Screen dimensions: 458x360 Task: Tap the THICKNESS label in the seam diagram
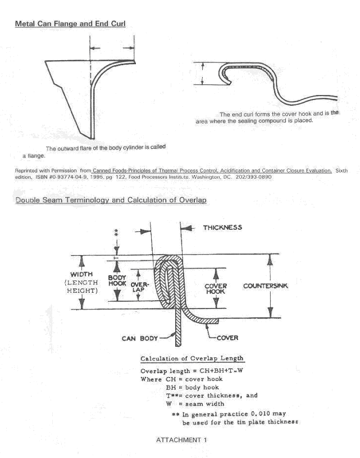pos(222,228)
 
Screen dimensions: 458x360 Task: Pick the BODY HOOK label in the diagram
pos(117,282)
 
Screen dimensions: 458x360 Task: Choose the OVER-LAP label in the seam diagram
pos(139,287)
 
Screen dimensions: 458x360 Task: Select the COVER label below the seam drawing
pos(227,338)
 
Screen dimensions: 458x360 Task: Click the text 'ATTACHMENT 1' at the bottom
pos(181,439)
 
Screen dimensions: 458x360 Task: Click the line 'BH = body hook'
pos(194,387)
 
